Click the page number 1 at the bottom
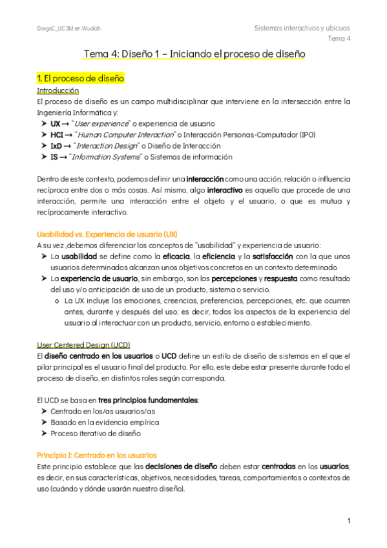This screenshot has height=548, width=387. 348,521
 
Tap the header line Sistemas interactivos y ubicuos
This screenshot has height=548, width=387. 302,28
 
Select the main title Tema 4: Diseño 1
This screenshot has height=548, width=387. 194,54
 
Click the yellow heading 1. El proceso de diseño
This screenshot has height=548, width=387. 80,78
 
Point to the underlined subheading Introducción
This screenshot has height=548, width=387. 58,90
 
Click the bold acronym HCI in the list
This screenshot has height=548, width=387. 57,134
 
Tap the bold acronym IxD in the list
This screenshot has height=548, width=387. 56,145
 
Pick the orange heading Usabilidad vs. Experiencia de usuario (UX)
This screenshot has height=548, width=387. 107,234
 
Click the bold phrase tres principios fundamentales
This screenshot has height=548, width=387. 149,400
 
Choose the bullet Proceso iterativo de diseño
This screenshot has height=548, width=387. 95,434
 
